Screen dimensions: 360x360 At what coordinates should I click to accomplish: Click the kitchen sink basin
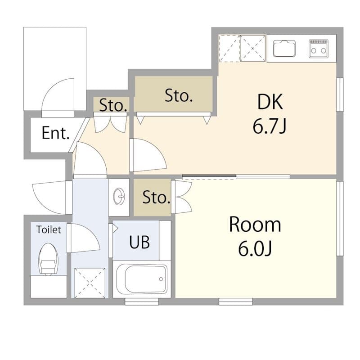coord(284,49)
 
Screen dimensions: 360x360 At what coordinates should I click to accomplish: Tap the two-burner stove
coord(319,49)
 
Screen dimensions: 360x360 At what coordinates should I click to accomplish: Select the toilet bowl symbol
coord(48,259)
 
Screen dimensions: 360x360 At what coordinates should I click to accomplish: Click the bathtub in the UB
coord(142,279)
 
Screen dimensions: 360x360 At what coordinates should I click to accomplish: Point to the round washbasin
coord(119,196)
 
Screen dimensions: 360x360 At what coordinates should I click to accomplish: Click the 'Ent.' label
coord(55,133)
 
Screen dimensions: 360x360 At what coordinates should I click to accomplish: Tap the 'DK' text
coord(270,102)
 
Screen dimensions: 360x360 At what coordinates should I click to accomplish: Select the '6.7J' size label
coord(270,126)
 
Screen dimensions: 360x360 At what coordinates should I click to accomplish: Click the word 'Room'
coord(255,224)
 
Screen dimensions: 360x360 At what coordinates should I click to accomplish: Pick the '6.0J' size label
coord(255,249)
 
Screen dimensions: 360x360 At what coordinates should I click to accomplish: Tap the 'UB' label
coord(139,242)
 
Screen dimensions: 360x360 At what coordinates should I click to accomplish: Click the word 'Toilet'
coord(49,229)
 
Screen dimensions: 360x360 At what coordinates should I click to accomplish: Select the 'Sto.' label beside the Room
coord(156,197)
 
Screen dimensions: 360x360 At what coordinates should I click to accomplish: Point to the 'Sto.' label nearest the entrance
coord(113,105)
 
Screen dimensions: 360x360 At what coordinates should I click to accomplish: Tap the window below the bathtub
coord(142,301)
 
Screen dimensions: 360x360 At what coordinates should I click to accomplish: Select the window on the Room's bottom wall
coord(236,301)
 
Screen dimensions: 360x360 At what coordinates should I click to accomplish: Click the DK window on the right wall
coord(340,94)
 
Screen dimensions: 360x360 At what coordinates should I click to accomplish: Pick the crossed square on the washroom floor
coord(90,283)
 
